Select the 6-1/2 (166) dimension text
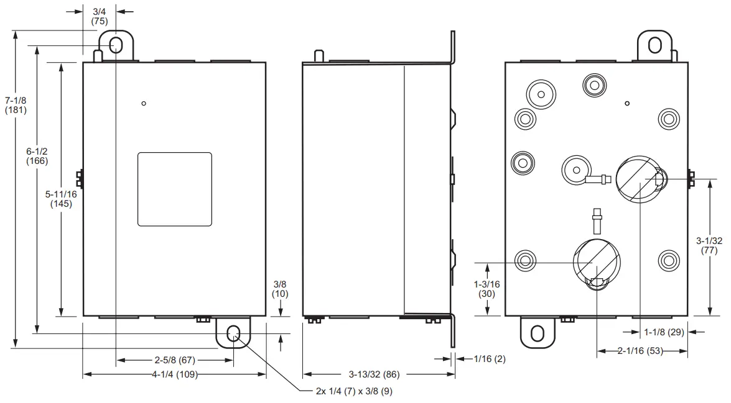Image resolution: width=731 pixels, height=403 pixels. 37,155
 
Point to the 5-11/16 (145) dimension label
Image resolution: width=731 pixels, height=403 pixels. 62,199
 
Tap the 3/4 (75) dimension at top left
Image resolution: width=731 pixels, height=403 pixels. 100,16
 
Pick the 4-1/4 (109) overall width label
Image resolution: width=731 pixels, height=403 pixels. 177,374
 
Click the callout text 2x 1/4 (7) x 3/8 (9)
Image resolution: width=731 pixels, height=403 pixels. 354,391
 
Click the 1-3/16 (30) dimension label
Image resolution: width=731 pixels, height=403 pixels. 486,289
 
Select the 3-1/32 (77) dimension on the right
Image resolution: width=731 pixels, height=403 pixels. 709,245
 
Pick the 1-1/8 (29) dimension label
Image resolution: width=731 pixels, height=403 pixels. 664,332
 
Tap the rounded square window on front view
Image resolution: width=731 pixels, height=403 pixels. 174,189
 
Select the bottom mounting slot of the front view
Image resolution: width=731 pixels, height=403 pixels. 234,334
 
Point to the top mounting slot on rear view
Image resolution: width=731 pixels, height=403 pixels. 654,45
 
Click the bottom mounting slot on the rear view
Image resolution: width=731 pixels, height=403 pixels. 537,333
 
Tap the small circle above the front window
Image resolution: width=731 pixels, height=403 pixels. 144,103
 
